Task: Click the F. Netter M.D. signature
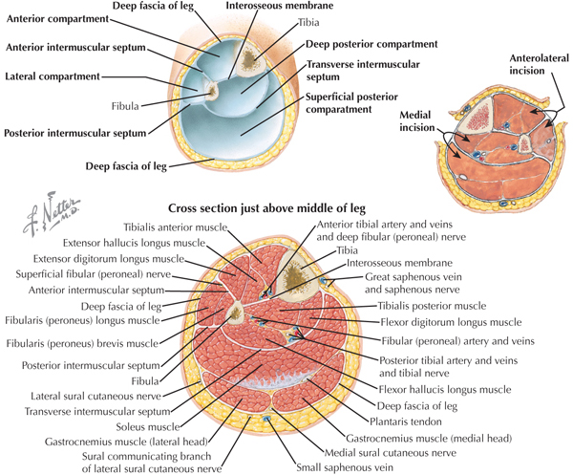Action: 52,214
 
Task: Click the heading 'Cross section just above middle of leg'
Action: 266,208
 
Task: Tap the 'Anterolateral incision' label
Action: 540,64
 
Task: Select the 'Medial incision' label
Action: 416,121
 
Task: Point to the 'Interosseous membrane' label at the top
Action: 280,6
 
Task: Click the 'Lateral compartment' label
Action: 53,76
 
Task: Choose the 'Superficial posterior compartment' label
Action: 351,103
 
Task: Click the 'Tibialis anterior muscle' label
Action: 176,227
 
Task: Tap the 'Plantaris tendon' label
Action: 406,421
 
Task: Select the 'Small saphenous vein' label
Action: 345,467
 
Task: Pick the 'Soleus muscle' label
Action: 148,426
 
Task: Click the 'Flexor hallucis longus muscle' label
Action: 445,389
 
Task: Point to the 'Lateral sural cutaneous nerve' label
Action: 95,396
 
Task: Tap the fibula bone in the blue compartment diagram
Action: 212,91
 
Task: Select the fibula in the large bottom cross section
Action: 235,312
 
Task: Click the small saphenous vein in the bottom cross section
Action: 267,418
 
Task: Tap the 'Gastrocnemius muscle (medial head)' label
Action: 429,438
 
